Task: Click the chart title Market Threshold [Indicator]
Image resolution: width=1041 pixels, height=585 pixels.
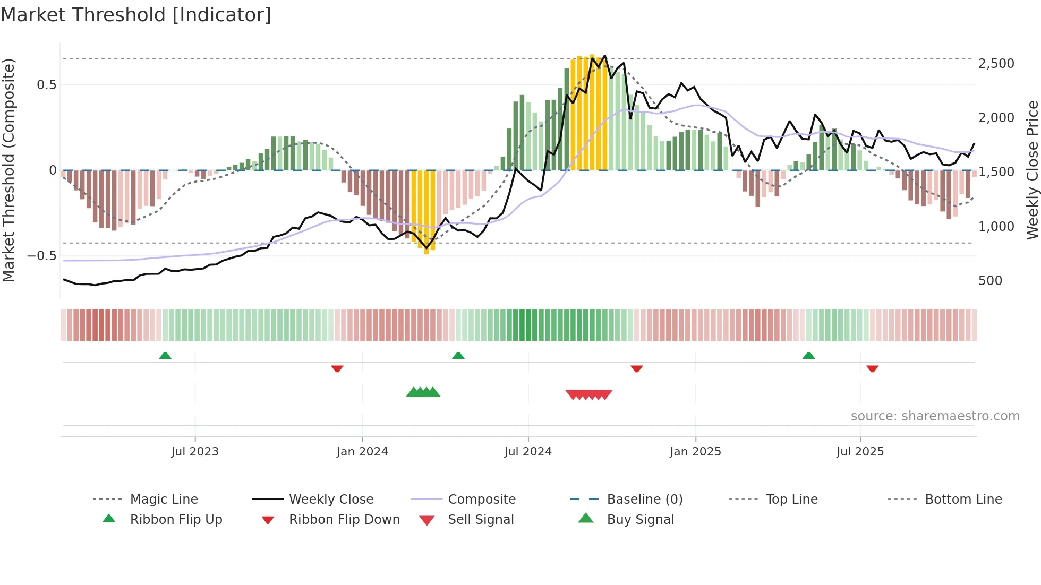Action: pos(136,15)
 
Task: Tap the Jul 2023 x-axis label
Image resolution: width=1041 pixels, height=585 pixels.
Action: pos(195,452)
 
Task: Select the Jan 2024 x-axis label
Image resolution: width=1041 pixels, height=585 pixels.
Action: pos(362,452)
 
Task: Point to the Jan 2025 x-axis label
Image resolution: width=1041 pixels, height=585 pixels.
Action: pos(695,452)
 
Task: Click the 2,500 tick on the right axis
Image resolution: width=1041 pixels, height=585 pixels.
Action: pos(996,64)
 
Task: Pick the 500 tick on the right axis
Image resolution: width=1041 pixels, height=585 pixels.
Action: pos(990,281)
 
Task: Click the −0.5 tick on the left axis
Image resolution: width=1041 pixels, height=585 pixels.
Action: pos(41,256)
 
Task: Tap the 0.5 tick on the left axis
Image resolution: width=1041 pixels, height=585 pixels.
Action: pos(46,85)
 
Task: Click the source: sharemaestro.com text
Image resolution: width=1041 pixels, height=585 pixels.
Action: pos(935,416)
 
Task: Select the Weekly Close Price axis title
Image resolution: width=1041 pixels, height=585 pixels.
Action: pos(1032,170)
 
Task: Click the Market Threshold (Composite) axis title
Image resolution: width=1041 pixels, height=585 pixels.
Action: pos(8,170)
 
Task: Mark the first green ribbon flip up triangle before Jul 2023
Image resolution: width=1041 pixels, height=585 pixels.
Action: pos(165,356)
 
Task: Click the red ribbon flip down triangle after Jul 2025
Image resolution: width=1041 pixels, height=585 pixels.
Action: pos(872,368)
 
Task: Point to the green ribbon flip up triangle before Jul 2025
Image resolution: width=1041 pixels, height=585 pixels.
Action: pos(808,356)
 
